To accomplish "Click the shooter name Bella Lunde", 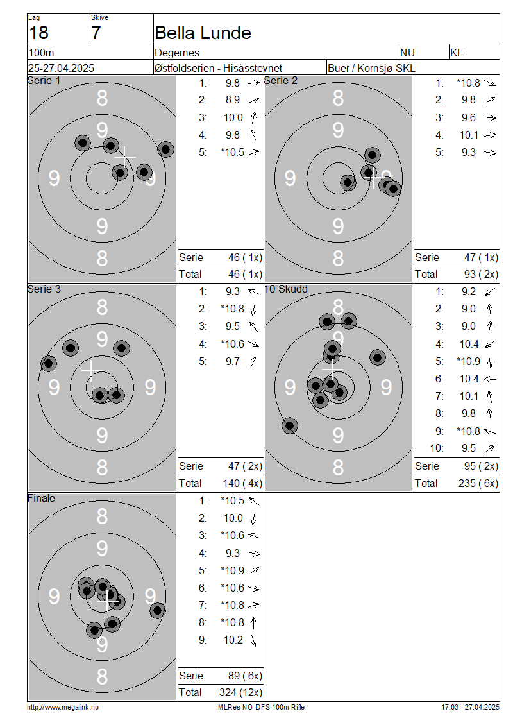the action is tap(203, 33).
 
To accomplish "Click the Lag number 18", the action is tap(38, 33).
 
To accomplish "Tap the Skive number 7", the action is tap(96, 33).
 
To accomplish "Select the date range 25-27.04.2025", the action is tap(61, 68).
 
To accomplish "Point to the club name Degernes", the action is tap(177, 53).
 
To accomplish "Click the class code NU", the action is tap(407, 53).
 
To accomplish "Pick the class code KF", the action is tap(457, 53).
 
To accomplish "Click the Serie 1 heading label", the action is tap(44, 80).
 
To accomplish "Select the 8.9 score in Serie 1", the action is tap(233, 100).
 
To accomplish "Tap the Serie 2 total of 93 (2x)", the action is tap(481, 274).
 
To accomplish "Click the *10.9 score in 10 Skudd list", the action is tap(469, 361).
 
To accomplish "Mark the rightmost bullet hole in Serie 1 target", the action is tap(165, 149).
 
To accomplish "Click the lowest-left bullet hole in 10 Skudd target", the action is tap(290, 425).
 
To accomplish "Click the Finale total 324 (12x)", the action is tap(240, 692).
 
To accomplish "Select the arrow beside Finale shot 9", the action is tap(254, 640).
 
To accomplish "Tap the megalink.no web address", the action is tap(63, 707).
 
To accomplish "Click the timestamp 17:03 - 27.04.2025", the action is tap(470, 707).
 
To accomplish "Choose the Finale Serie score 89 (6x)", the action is tap(245, 676).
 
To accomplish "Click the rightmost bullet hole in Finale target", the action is tap(158, 610).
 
